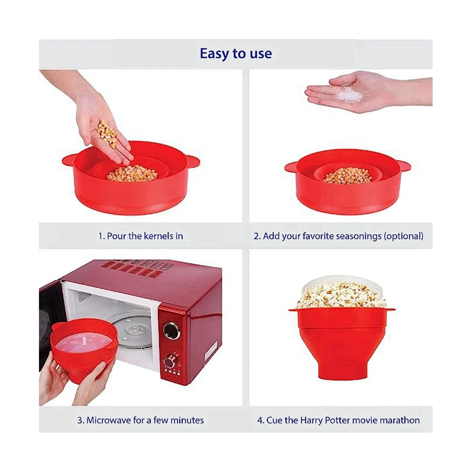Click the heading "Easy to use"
(x=236, y=53)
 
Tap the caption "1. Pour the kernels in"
(x=140, y=236)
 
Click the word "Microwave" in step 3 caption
(x=109, y=420)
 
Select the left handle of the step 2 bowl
(x=292, y=167)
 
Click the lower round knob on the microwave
(x=172, y=360)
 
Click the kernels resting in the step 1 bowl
(x=132, y=173)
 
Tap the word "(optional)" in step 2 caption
(x=404, y=236)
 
